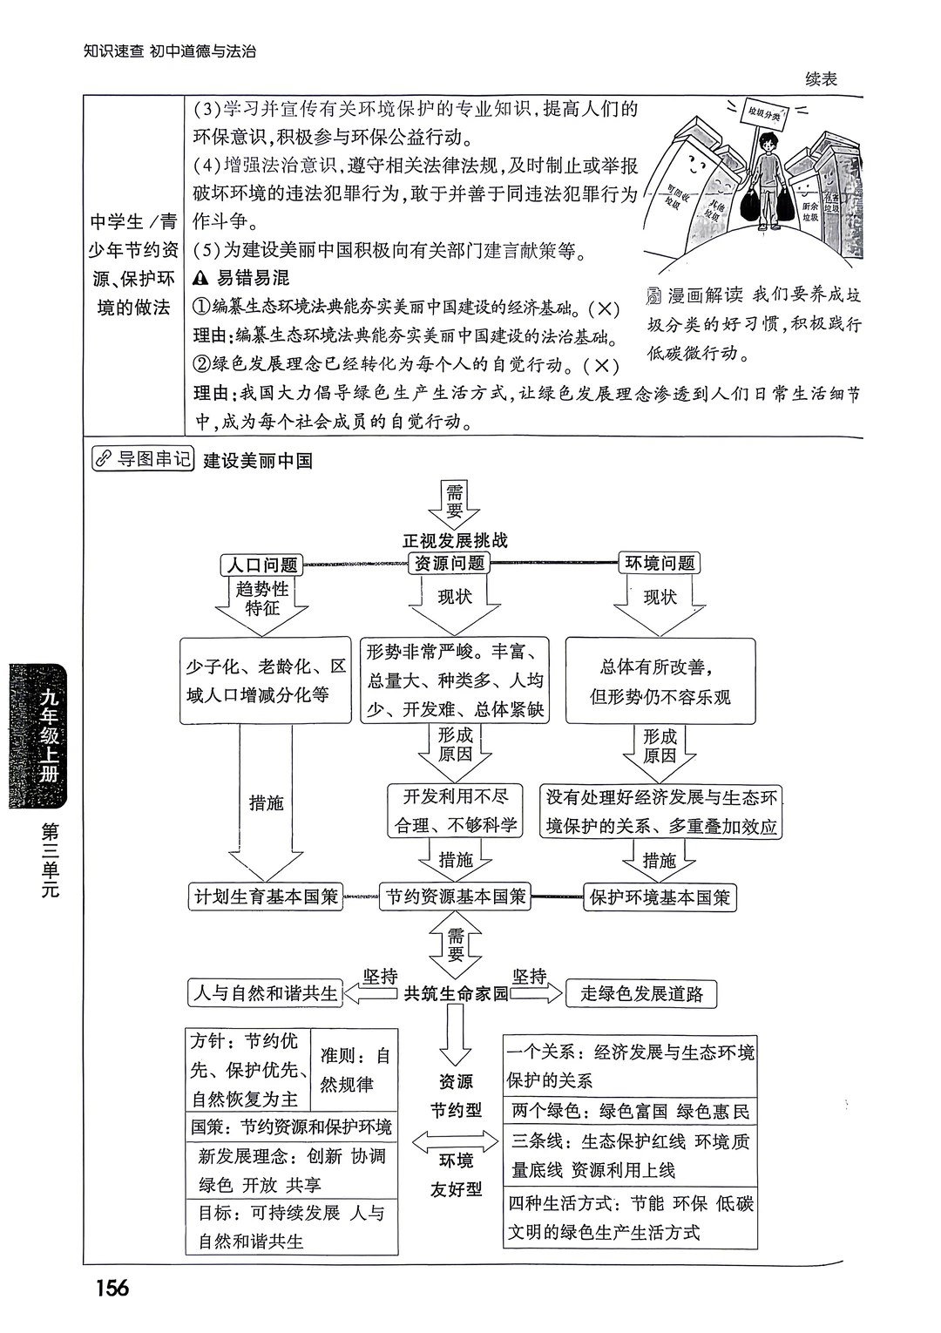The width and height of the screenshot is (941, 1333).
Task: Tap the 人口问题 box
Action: click(x=262, y=565)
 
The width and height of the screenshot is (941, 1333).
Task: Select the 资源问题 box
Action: click(x=450, y=563)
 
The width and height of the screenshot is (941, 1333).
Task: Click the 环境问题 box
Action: click(x=660, y=563)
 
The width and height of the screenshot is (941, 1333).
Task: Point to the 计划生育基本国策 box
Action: click(x=267, y=897)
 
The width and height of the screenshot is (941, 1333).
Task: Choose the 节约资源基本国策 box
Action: click(x=456, y=897)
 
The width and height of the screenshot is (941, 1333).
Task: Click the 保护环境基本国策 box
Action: click(x=660, y=897)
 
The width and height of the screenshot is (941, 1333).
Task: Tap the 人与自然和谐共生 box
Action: click(x=266, y=993)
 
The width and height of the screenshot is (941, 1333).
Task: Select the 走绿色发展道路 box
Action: click(x=641, y=994)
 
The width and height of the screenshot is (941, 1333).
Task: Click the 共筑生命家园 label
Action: click(x=456, y=994)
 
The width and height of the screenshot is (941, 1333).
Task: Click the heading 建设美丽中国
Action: click(x=258, y=461)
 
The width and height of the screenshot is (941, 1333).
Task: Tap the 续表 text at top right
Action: click(x=821, y=79)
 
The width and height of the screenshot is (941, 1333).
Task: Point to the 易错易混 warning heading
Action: click(x=242, y=279)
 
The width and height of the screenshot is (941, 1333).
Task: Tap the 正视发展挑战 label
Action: click(x=455, y=540)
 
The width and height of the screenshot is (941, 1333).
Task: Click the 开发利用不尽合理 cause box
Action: click(x=455, y=810)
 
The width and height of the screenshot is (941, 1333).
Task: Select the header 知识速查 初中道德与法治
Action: click(x=170, y=51)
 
